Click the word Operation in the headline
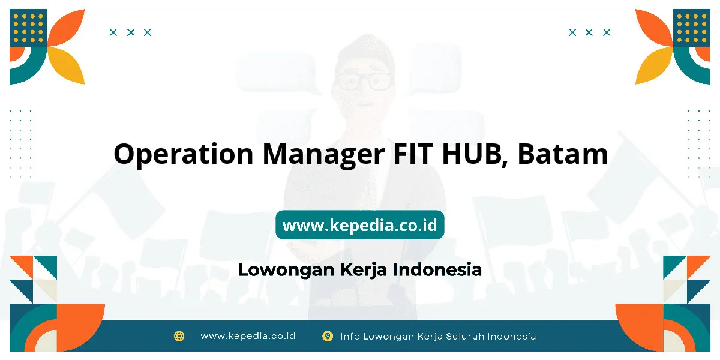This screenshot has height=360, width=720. [x=184, y=155]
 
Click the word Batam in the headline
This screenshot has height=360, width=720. [x=563, y=154]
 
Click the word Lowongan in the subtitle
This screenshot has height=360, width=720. [x=286, y=271]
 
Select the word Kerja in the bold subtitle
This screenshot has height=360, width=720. [x=364, y=271]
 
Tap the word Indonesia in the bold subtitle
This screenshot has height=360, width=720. [x=437, y=269]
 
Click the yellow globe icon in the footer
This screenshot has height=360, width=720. [x=179, y=336]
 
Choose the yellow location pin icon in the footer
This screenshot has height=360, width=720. [x=328, y=337]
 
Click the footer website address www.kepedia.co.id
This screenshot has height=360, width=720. [x=248, y=336]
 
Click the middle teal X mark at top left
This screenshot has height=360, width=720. [x=131, y=32]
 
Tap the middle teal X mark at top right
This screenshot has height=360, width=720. [x=589, y=32]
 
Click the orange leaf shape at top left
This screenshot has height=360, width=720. [x=66, y=28]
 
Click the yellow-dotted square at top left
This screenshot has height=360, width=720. [x=28, y=28]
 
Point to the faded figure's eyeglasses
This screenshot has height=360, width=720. [x=364, y=82]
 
